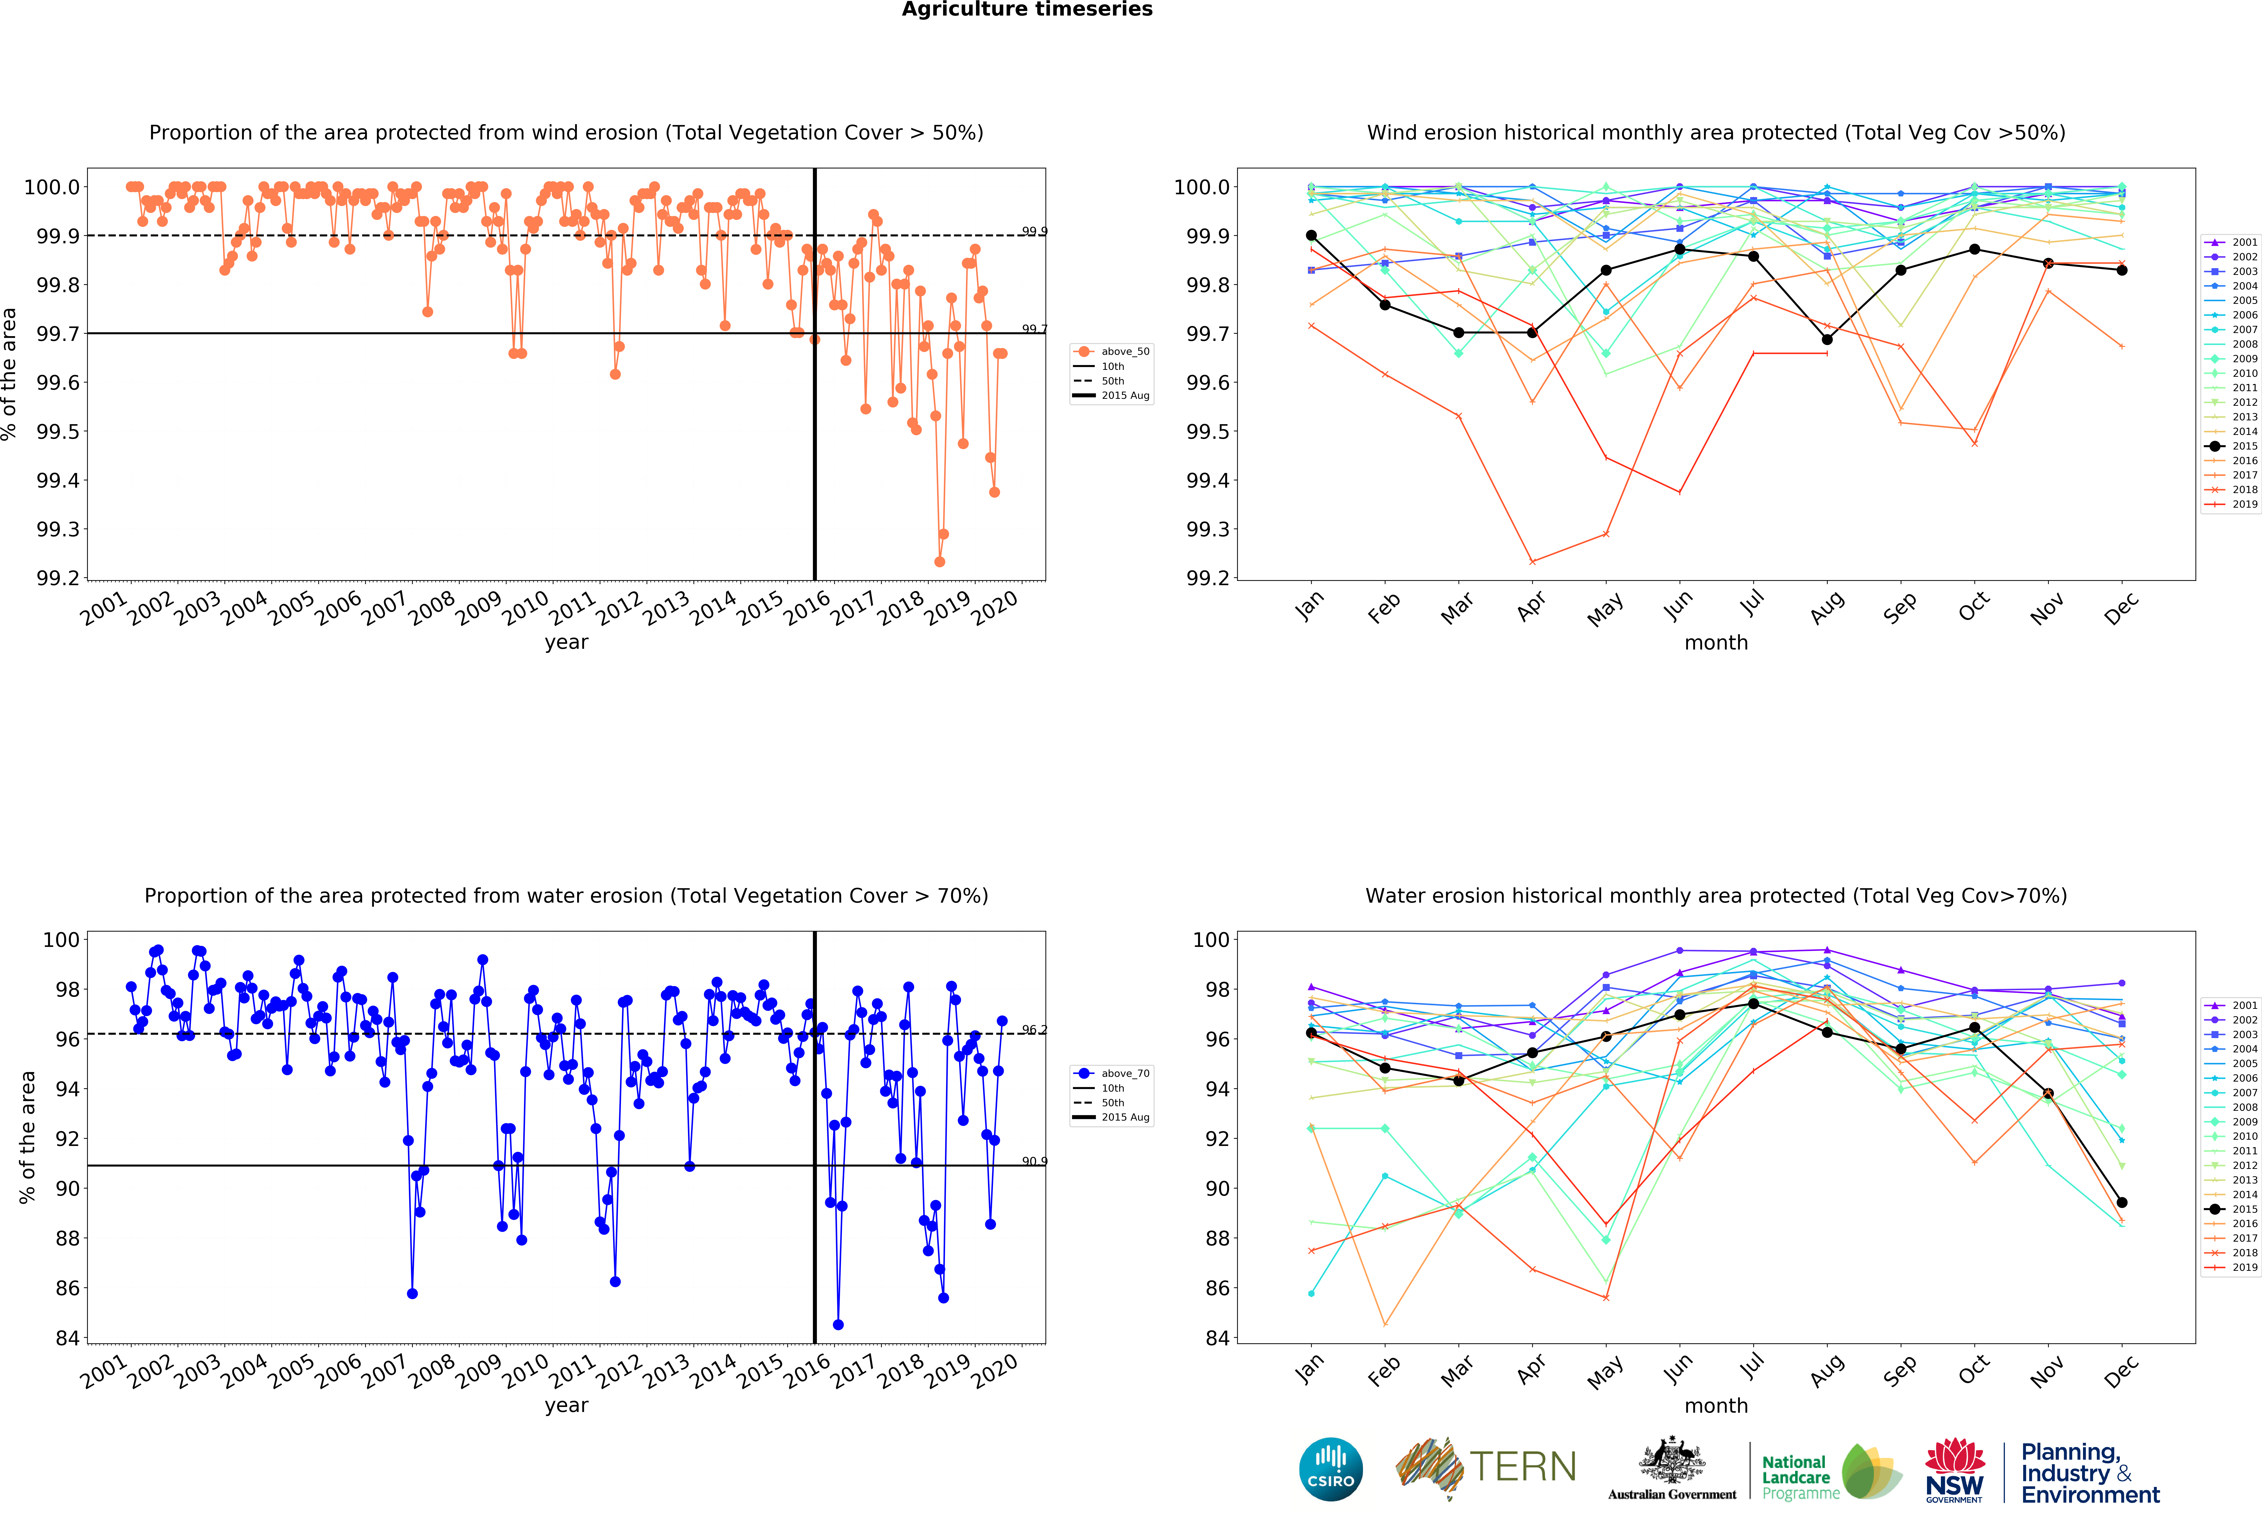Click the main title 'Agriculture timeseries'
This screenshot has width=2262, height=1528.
point(1027,10)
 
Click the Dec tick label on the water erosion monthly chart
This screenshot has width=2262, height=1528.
point(2122,1370)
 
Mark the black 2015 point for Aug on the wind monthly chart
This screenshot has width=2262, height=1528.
point(1827,340)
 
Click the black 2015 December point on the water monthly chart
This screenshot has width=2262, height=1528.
point(2122,1203)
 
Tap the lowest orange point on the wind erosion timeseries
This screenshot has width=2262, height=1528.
point(939,561)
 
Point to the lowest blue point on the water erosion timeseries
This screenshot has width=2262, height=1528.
point(838,1325)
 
